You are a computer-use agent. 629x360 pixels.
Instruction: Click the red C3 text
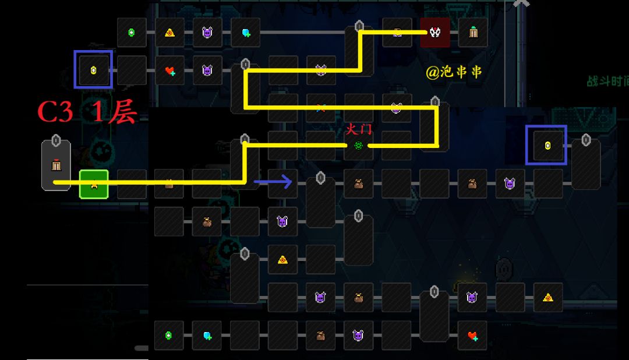pyautogui.click(x=55, y=112)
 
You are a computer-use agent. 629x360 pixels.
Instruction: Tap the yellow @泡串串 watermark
pyautogui.click(x=454, y=72)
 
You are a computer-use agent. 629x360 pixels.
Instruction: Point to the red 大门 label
pyautogui.click(x=358, y=129)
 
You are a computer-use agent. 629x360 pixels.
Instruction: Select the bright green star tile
pyautogui.click(x=94, y=184)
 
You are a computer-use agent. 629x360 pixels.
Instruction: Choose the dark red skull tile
pyautogui.click(x=435, y=33)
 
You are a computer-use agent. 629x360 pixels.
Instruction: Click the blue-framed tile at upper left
pyautogui.click(x=93, y=70)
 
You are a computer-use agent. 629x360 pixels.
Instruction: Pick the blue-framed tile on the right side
pyautogui.click(x=546, y=145)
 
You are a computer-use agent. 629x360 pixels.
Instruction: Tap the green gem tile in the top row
pyautogui.click(x=132, y=33)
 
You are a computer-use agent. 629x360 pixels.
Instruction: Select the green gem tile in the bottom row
pyautogui.click(x=169, y=336)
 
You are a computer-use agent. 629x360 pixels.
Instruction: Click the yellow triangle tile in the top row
pyautogui.click(x=169, y=33)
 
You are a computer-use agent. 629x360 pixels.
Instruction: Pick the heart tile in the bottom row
pyautogui.click(x=472, y=336)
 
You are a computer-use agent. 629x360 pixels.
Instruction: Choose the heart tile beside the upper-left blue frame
pyautogui.click(x=169, y=70)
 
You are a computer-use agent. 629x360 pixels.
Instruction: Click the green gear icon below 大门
pyautogui.click(x=358, y=146)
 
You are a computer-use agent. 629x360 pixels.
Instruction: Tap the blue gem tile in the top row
pyautogui.click(x=245, y=33)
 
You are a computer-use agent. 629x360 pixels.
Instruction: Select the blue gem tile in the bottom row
pyautogui.click(x=207, y=336)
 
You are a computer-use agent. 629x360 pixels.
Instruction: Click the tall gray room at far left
pyautogui.click(x=56, y=165)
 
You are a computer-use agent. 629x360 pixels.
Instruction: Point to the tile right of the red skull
pyautogui.click(x=473, y=33)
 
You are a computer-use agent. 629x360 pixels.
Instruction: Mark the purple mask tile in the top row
pyautogui.click(x=207, y=33)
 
